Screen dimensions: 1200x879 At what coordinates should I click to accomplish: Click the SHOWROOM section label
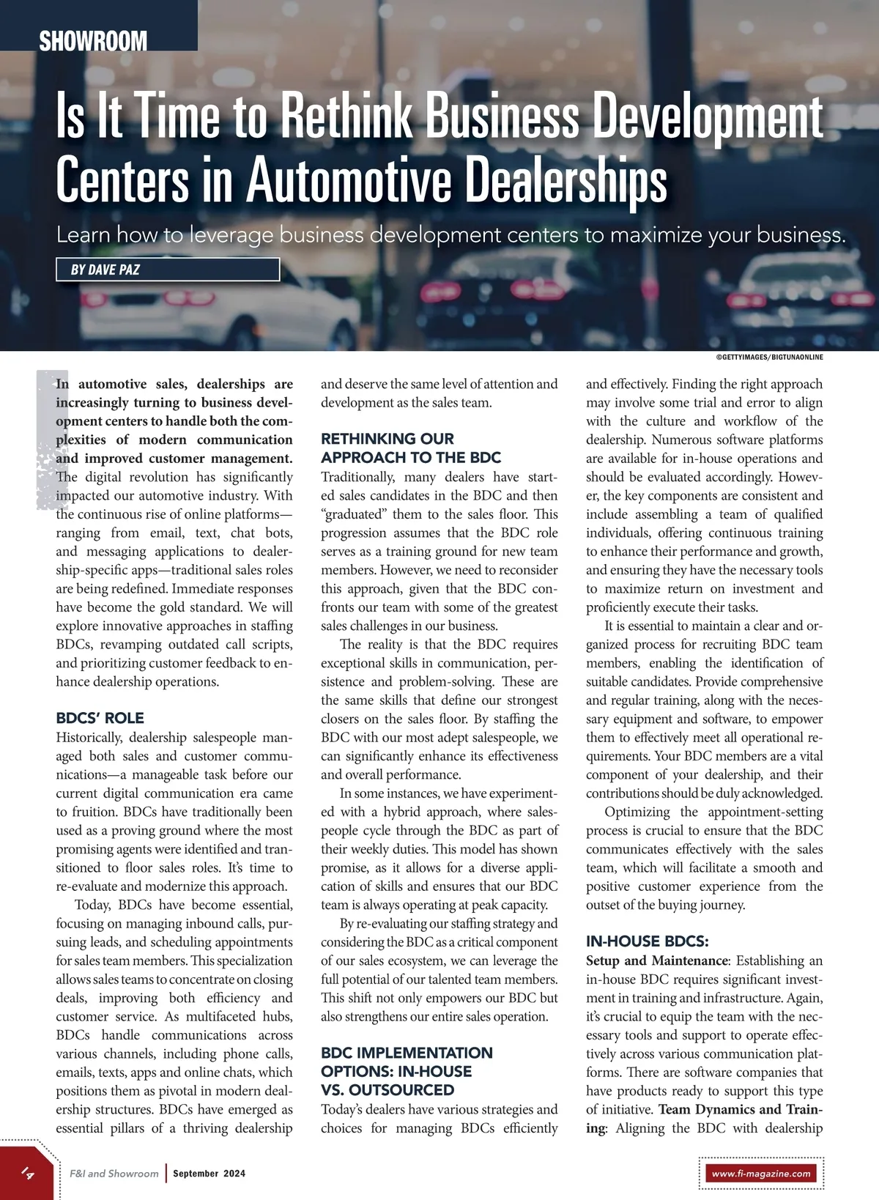93,41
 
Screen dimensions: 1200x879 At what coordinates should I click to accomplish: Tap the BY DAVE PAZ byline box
168,270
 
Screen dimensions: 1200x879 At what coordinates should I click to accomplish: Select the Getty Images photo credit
769,358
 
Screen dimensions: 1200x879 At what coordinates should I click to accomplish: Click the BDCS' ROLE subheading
100,718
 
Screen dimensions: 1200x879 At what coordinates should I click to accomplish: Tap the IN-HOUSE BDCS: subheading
647,941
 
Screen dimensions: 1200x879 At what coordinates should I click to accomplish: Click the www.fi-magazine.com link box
761,1173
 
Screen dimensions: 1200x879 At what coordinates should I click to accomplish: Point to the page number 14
27,1172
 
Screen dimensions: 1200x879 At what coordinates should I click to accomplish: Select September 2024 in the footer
209,1174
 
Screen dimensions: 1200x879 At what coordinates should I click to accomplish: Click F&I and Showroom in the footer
114,1174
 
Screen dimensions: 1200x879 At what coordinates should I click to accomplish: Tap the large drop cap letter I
46,440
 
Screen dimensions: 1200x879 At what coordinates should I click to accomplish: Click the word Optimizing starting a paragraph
637,812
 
